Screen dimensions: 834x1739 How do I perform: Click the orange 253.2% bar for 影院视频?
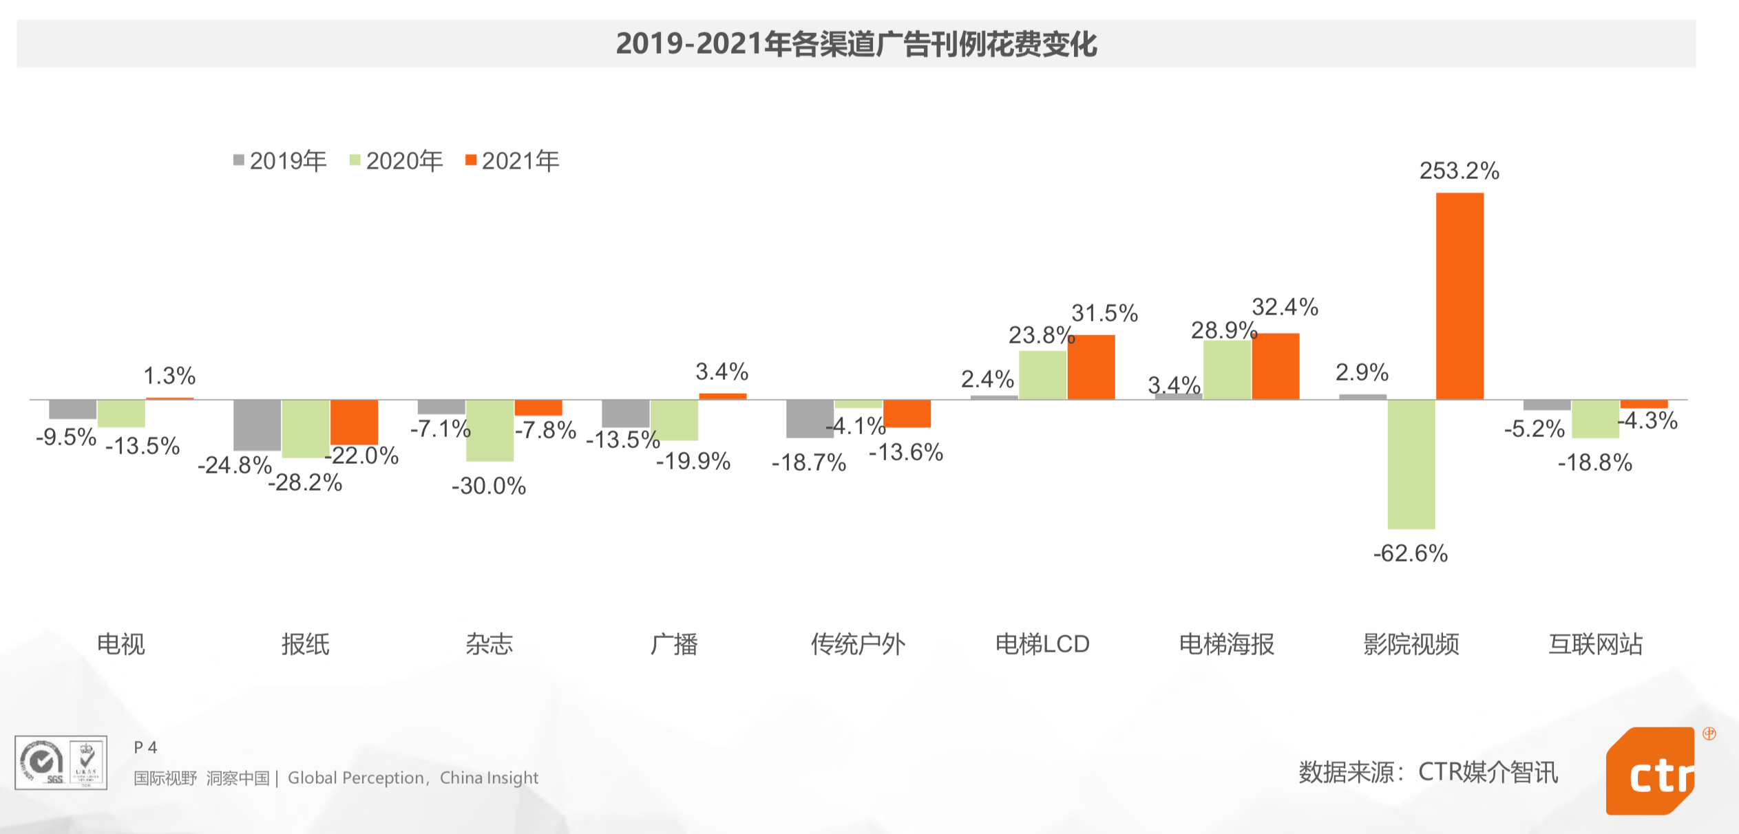(x=1459, y=296)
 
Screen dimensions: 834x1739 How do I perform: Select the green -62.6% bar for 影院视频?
(x=1411, y=464)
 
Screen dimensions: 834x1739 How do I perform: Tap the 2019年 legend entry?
(x=280, y=161)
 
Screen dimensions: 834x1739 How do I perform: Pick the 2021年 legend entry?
(x=513, y=161)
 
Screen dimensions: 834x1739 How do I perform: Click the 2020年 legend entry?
(x=397, y=161)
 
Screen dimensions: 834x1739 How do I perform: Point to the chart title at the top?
(x=856, y=44)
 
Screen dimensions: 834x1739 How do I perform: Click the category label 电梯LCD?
(x=1042, y=644)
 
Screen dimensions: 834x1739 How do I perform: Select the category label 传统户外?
(x=858, y=644)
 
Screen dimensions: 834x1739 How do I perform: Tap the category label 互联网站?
(x=1595, y=644)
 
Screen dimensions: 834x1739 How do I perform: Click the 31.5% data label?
(x=1104, y=313)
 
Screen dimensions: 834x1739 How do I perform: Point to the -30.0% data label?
(x=489, y=486)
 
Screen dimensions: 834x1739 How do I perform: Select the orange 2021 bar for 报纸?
(x=354, y=422)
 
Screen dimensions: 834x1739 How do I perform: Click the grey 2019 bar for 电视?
(x=73, y=409)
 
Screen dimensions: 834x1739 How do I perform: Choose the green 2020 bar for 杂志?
(x=489, y=430)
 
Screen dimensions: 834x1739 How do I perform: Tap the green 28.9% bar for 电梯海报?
(x=1227, y=370)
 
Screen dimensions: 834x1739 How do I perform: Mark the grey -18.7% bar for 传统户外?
(x=810, y=418)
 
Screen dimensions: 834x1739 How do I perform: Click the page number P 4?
(x=145, y=747)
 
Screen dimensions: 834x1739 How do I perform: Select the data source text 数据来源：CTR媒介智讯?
(x=1428, y=772)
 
